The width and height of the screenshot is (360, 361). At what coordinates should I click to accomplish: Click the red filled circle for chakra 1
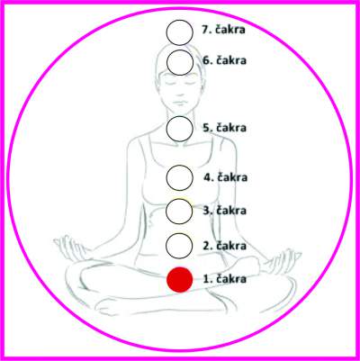click(180, 279)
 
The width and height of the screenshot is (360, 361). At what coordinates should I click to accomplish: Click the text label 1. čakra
click(225, 279)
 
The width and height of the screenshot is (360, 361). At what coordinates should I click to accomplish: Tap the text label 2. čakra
click(225, 246)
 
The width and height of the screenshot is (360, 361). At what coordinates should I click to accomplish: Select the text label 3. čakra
click(225, 210)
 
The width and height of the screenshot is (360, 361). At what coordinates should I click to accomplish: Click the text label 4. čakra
click(226, 177)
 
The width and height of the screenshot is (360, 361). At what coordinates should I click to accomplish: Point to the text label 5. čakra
click(225, 128)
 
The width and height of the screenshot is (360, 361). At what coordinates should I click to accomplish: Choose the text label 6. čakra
click(225, 60)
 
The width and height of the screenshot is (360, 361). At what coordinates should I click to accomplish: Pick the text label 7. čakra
click(223, 30)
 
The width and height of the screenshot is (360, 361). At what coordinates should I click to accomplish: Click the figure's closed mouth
click(179, 103)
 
